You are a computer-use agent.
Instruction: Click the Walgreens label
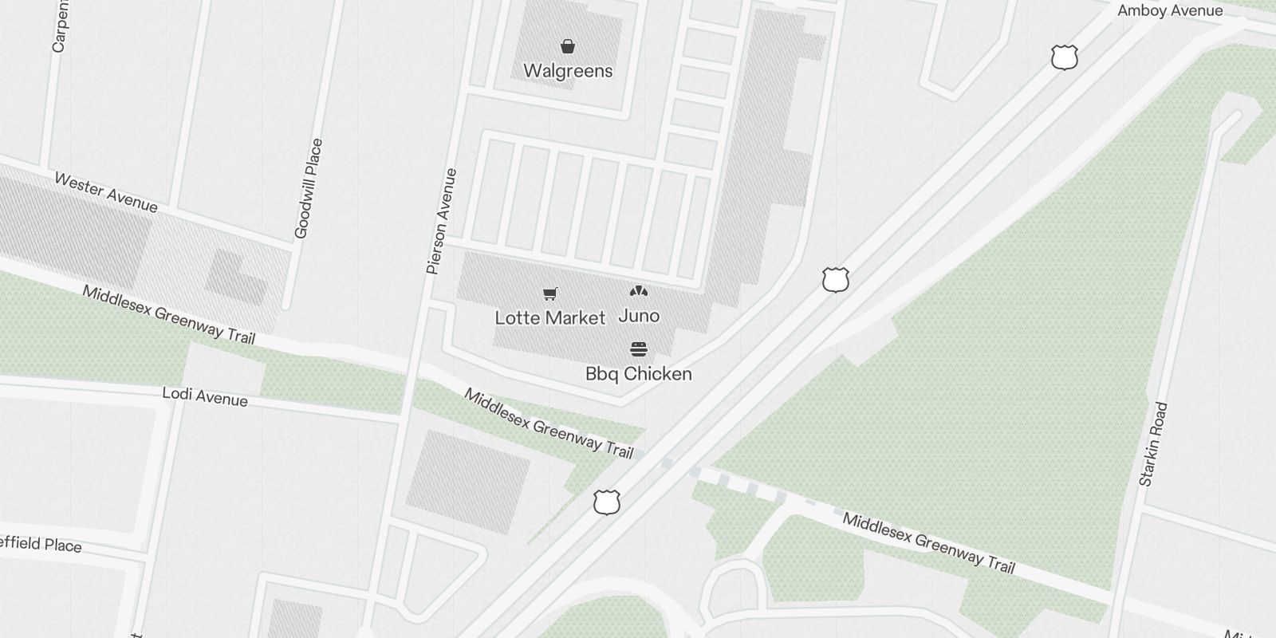pyautogui.click(x=568, y=71)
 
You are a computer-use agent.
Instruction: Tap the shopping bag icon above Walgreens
pyautogui.click(x=567, y=46)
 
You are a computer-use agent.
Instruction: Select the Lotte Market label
pyautogui.click(x=549, y=318)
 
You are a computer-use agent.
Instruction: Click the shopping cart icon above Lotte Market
pyautogui.click(x=549, y=294)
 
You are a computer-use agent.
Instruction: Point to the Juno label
pyautogui.click(x=639, y=316)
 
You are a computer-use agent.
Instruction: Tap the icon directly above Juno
pyautogui.click(x=639, y=291)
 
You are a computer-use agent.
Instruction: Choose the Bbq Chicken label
pyautogui.click(x=638, y=374)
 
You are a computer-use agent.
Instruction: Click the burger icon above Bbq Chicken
pyautogui.click(x=639, y=349)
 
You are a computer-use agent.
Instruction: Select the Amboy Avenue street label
pyautogui.click(x=1169, y=11)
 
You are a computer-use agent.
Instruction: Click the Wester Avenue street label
pyautogui.click(x=106, y=193)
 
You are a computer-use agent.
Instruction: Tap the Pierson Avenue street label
pyautogui.click(x=441, y=222)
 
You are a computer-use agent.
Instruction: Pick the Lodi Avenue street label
pyautogui.click(x=204, y=396)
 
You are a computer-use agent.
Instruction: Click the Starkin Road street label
pyautogui.click(x=1153, y=444)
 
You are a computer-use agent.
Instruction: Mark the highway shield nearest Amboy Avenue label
pyautogui.click(x=1064, y=57)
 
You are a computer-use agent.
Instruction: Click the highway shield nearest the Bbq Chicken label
pyautogui.click(x=835, y=280)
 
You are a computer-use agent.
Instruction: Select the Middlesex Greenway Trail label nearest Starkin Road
pyautogui.click(x=928, y=543)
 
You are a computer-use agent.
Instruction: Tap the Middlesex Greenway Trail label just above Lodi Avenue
pyautogui.click(x=168, y=315)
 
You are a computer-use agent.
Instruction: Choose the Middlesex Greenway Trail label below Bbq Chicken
pyautogui.click(x=549, y=423)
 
